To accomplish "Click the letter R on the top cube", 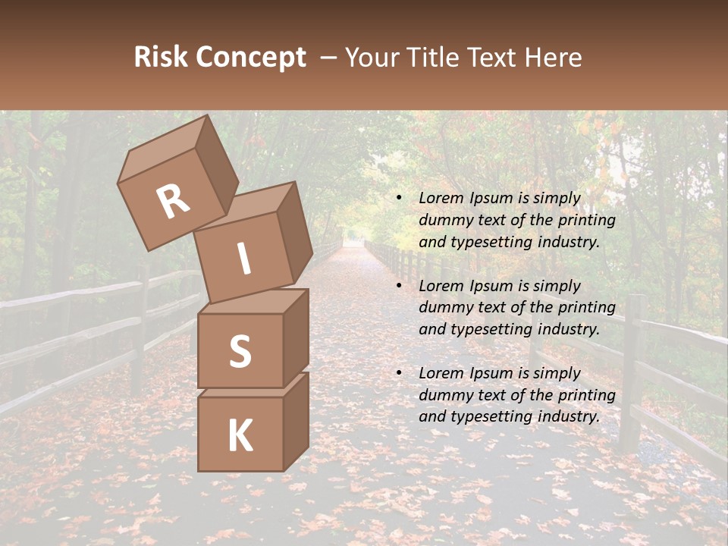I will tap(173, 202).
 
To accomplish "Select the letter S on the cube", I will tap(240, 352).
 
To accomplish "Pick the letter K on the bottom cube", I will tap(240, 436).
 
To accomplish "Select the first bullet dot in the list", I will tap(398, 199).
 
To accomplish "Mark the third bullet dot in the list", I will tap(398, 374).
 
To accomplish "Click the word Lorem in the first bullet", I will tap(439, 198).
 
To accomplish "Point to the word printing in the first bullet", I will tap(587, 220).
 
